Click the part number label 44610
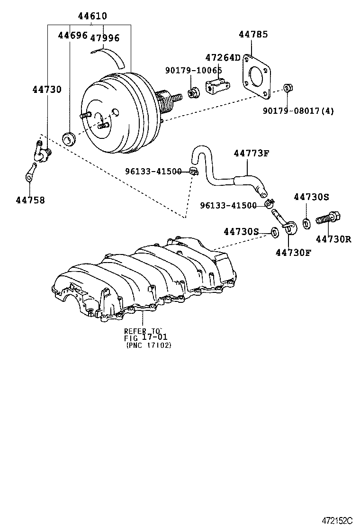click(92, 16)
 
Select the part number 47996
click(105, 38)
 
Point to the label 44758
click(30, 200)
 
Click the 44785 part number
click(253, 34)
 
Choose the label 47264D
click(223, 57)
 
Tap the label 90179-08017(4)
click(298, 111)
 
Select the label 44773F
click(252, 153)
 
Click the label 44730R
click(333, 239)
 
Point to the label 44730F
click(293, 252)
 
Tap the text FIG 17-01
click(146, 337)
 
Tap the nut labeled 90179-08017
click(287, 88)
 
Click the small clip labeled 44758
click(29, 172)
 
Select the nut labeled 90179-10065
click(193, 92)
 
